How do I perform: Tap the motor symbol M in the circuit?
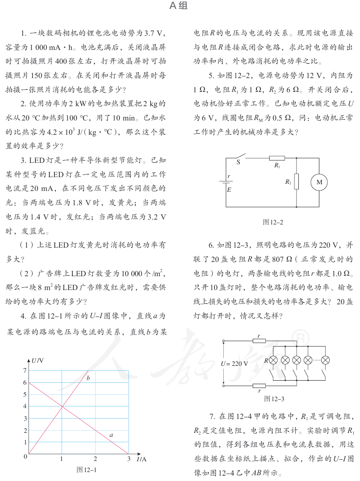pyautogui.click(x=319, y=182)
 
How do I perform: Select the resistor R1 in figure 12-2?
pyautogui.click(x=277, y=158)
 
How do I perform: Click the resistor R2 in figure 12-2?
pyautogui.click(x=297, y=182)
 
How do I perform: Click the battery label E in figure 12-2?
pyautogui.click(x=229, y=190)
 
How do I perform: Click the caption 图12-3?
pyautogui.click(x=274, y=398)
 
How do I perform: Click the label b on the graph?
pyautogui.click(x=88, y=378)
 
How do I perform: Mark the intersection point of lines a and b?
pyautogui.click(x=62, y=406)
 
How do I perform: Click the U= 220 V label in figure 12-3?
pyautogui.click(x=234, y=363)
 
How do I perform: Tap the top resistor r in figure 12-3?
pyautogui.click(x=259, y=341)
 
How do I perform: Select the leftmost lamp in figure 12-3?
pyautogui.click(x=273, y=360)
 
